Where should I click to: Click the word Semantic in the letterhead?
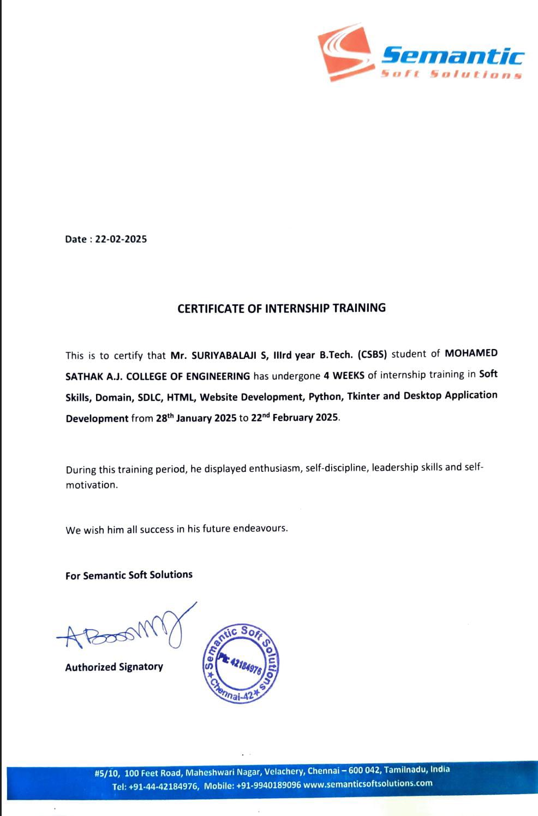pyautogui.click(x=452, y=56)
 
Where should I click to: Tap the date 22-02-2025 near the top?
pyautogui.click(x=121, y=239)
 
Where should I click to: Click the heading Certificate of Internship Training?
pyautogui.click(x=282, y=308)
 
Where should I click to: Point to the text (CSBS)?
pyautogui.click(x=372, y=354)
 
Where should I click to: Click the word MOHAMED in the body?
pyautogui.click(x=471, y=353)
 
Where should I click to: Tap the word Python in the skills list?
pyautogui.click(x=325, y=397)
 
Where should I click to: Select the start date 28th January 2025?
pyautogui.click(x=196, y=418)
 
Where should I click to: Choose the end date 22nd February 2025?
pyautogui.click(x=295, y=418)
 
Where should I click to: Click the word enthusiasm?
pyautogui.click(x=274, y=469)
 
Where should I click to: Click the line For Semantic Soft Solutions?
pyautogui.click(x=129, y=575)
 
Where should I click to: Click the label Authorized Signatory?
pyautogui.click(x=114, y=667)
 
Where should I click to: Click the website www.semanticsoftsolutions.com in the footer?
pyautogui.click(x=368, y=784)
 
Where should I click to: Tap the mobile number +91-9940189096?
pyautogui.click(x=268, y=785)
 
